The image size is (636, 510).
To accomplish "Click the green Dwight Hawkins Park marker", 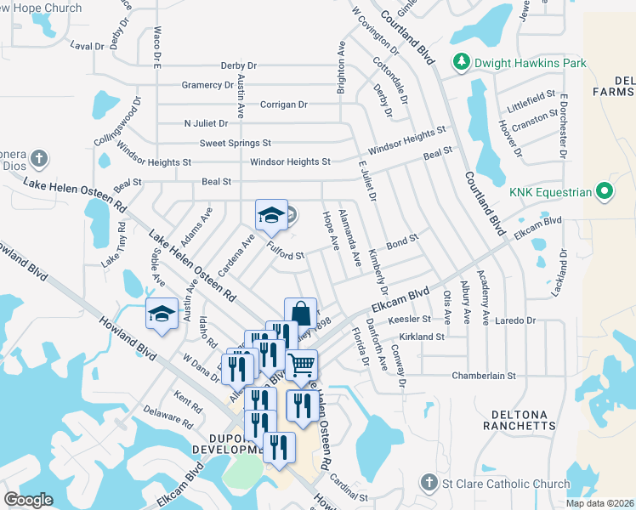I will pyautogui.click(x=461, y=61).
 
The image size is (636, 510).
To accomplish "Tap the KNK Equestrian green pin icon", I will pyautogui.click(x=605, y=192).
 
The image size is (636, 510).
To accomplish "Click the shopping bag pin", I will pyautogui.click(x=300, y=314).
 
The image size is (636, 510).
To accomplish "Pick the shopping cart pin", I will pyautogui.click(x=301, y=365).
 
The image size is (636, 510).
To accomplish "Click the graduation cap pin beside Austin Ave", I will pyautogui.click(x=162, y=314).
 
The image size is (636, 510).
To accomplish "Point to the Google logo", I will pyautogui.click(x=28, y=500).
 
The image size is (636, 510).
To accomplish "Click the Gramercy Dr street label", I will pyautogui.click(x=207, y=85).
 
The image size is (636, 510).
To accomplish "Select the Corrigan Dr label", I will pyautogui.click(x=285, y=105).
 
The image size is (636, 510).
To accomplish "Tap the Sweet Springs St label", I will pyautogui.click(x=236, y=143).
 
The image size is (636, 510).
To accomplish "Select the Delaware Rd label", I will pyautogui.click(x=162, y=417).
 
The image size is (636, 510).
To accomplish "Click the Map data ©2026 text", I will pyautogui.click(x=599, y=503).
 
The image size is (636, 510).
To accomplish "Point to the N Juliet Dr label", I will pyautogui.click(x=207, y=123).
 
